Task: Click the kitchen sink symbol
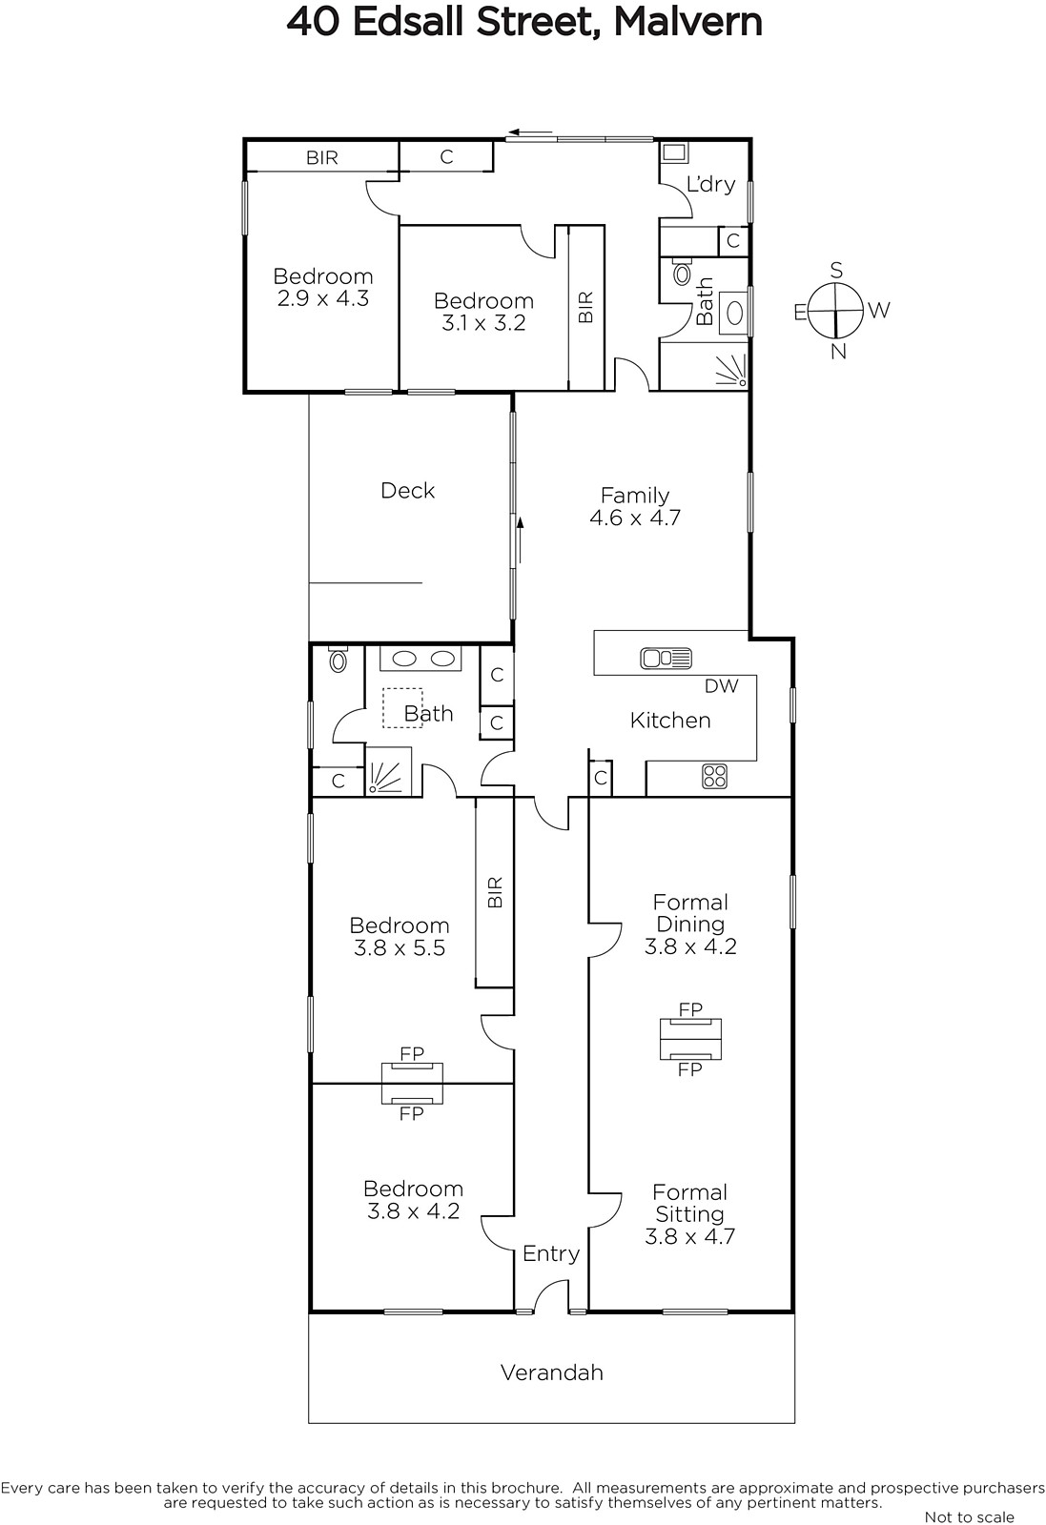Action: (x=666, y=659)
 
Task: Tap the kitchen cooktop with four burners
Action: (x=714, y=776)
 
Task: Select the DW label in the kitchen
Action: (x=721, y=686)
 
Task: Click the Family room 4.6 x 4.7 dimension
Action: (x=635, y=518)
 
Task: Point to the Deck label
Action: (x=407, y=490)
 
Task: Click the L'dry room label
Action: (x=710, y=184)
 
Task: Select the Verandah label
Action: (x=551, y=1372)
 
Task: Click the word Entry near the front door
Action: (x=551, y=1253)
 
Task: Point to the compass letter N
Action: (x=838, y=352)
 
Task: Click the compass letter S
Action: (x=837, y=271)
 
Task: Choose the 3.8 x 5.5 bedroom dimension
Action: (x=400, y=947)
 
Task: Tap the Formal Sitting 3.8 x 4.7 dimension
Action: (x=689, y=1236)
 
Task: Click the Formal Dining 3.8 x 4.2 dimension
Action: (x=690, y=946)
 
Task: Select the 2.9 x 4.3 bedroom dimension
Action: (x=323, y=298)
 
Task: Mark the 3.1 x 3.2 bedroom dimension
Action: (x=483, y=323)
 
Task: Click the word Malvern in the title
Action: (x=687, y=23)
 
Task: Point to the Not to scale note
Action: (x=969, y=1516)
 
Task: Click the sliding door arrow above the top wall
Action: (x=530, y=132)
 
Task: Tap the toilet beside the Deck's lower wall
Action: (x=338, y=659)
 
